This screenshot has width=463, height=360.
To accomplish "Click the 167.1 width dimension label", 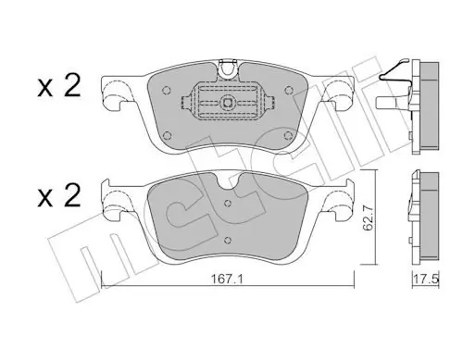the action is click(x=227, y=279).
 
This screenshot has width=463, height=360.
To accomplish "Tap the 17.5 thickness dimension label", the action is click(x=426, y=279).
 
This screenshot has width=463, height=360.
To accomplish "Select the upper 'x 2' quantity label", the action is click(x=59, y=86).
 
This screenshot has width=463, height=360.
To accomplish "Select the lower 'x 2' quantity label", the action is click(x=59, y=195).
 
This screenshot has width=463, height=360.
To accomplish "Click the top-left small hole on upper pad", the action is click(x=167, y=90).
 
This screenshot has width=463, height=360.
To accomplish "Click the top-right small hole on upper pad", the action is click(x=289, y=90).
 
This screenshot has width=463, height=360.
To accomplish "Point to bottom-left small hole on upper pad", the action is click(x=167, y=135).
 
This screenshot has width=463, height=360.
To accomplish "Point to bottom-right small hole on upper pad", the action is click(x=288, y=135).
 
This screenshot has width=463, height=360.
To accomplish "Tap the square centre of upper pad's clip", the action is click(x=228, y=103).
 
